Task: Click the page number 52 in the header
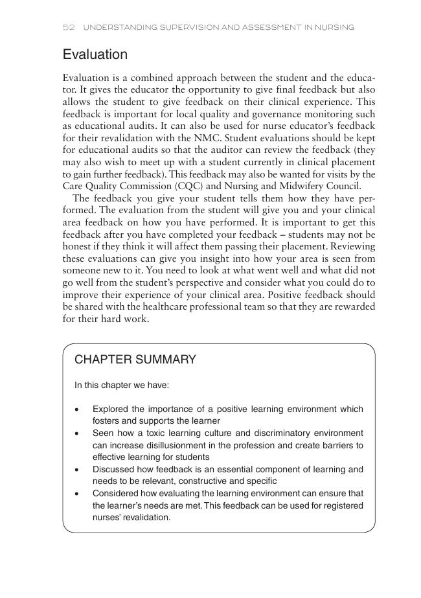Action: [69, 27]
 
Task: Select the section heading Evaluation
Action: [95, 54]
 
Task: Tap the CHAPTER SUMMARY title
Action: [135, 360]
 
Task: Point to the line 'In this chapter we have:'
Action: [122, 385]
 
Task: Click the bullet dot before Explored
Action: [77, 409]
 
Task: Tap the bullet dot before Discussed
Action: [77, 469]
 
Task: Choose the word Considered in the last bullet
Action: [115, 493]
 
